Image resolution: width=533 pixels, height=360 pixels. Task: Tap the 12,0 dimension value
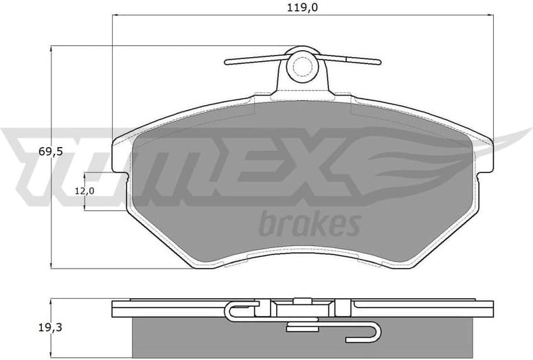85,190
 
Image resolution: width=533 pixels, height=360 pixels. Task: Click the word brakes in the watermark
310,223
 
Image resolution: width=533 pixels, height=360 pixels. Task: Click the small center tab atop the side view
301,300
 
